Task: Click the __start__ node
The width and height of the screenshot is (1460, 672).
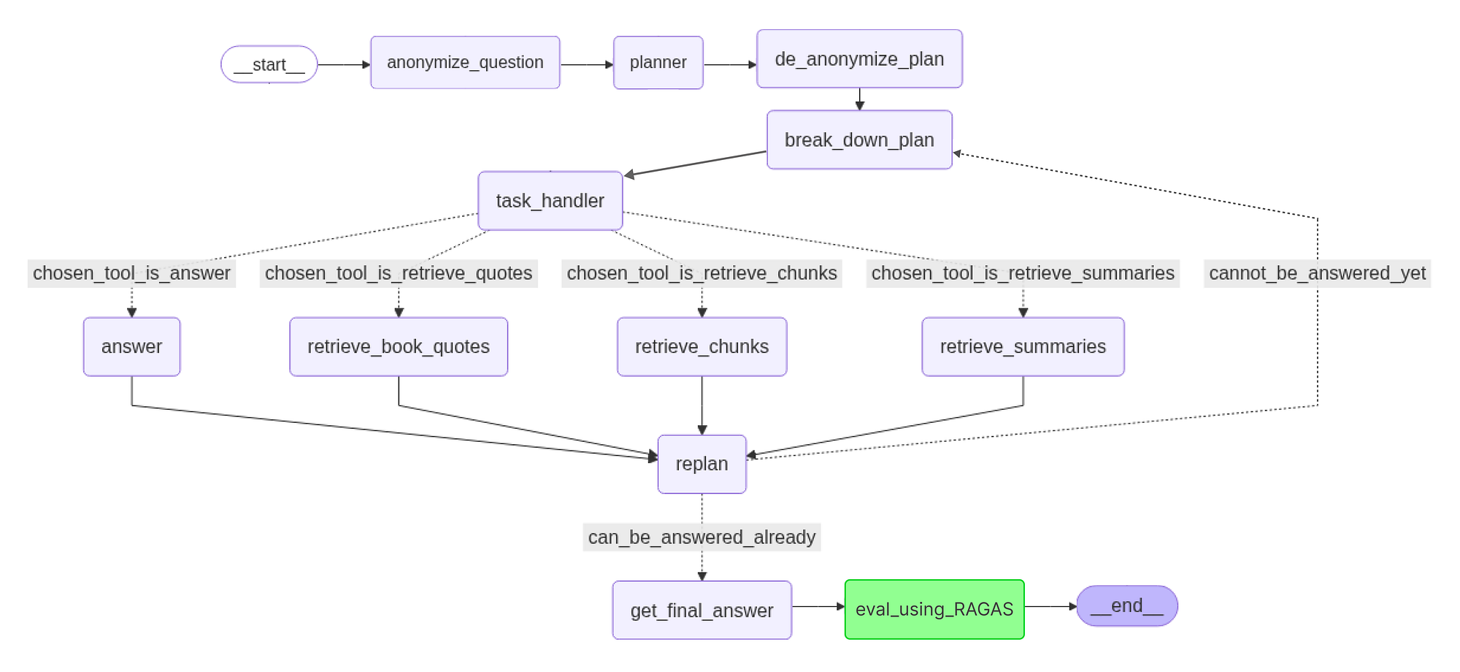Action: pyautogui.click(x=269, y=64)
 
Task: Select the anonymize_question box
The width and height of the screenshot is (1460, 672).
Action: pyautogui.click(x=465, y=63)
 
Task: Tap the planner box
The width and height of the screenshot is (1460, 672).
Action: pyautogui.click(x=658, y=63)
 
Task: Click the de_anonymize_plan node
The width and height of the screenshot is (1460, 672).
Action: pyautogui.click(x=859, y=59)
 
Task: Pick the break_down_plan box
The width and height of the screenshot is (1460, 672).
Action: pyautogui.click(x=859, y=140)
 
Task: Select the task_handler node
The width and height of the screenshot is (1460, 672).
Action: pyautogui.click(x=550, y=201)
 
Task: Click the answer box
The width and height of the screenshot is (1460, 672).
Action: pyautogui.click(x=131, y=346)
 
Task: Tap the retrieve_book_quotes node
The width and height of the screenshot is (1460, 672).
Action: pyautogui.click(x=398, y=346)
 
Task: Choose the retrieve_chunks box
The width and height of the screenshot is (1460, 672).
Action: pyautogui.click(x=702, y=346)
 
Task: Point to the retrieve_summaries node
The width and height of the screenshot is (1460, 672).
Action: pyautogui.click(x=1023, y=346)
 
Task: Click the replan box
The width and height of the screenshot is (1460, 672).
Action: pyautogui.click(x=702, y=464)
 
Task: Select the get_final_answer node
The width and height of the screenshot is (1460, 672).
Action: pyautogui.click(x=702, y=610)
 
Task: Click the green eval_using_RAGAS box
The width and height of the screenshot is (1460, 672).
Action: pyautogui.click(x=934, y=609)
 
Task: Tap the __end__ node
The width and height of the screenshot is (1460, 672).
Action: pyautogui.click(x=1126, y=606)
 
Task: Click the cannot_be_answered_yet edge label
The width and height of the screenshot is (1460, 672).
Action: pyautogui.click(x=1317, y=273)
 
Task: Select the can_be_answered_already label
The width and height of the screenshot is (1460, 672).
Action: pyautogui.click(x=702, y=537)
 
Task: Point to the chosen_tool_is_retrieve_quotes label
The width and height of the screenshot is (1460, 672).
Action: pyautogui.click(x=398, y=273)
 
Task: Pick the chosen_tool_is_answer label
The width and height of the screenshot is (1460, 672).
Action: pyautogui.click(x=131, y=273)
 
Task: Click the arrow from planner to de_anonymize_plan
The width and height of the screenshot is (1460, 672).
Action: pyautogui.click(x=730, y=65)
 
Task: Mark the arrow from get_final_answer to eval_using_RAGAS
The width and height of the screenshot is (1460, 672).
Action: pyautogui.click(x=818, y=606)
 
